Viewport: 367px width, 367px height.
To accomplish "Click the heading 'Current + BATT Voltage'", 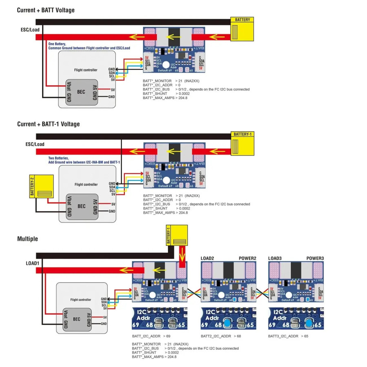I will pos(46,10).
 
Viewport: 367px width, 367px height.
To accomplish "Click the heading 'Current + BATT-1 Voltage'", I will pos(48,124).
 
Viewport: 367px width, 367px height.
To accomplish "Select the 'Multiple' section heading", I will pos(27,239).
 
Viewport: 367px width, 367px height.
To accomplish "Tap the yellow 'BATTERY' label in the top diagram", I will pos(242,19).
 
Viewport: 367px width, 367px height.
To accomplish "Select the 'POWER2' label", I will pos(247,258).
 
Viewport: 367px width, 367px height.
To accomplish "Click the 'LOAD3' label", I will pos(275,258).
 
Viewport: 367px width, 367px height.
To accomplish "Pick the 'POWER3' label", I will pos(315,258).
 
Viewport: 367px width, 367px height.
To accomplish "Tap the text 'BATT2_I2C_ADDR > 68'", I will pos(221,336).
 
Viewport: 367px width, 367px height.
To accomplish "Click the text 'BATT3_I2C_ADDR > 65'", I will pos(288,336).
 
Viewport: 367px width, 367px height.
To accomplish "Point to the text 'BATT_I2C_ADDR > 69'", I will pos(151,336).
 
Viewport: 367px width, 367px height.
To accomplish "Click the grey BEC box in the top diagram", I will pos(81,93).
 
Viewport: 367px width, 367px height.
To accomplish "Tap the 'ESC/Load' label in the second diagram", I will pos(35,144).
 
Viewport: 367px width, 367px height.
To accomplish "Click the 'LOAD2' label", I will pos(208,258).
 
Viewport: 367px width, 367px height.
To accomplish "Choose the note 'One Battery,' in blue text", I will pos(57,44).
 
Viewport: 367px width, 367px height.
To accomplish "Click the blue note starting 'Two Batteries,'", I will pos(59,158).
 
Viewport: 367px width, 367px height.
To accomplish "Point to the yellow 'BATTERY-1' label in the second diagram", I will pos(243,134).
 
